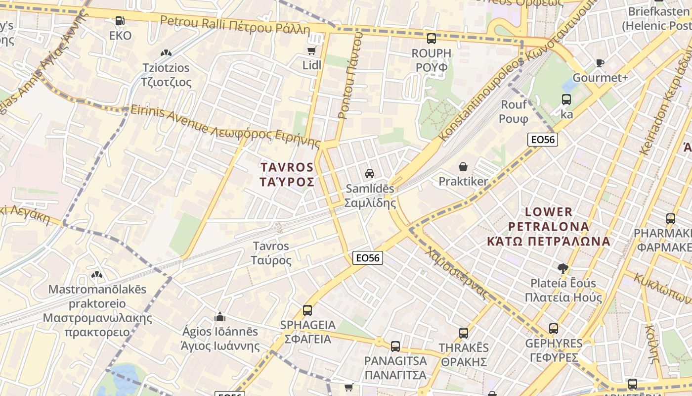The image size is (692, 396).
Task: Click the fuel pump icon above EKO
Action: pyautogui.click(x=120, y=21)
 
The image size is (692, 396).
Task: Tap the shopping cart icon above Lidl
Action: pyautogui.click(x=311, y=50)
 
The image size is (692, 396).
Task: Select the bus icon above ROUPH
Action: pyautogui.click(x=432, y=38)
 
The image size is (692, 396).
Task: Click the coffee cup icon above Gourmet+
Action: pyautogui.click(x=600, y=63)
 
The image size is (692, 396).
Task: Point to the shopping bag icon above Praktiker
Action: pyautogui.click(x=463, y=167)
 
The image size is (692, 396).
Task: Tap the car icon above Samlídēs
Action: pyautogui.click(x=369, y=173)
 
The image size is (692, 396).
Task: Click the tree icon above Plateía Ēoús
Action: pyautogui.click(x=562, y=269)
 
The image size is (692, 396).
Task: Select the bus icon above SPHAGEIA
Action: pyautogui.click(x=307, y=310)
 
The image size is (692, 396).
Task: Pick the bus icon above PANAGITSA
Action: pyautogui.click(x=395, y=346)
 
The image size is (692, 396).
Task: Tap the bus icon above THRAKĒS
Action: pyautogui.click(x=463, y=333)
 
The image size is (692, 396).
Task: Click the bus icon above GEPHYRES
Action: pyautogui.click(x=554, y=328)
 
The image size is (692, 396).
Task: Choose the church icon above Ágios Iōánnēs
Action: pyautogui.click(x=220, y=316)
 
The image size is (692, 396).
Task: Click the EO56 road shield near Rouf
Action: pyautogui.click(x=542, y=140)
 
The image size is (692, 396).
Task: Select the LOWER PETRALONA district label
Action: pyautogui.click(x=549, y=226)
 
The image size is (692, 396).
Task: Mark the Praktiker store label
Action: pyautogui.click(x=463, y=182)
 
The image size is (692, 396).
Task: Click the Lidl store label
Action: pyautogui.click(x=311, y=65)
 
